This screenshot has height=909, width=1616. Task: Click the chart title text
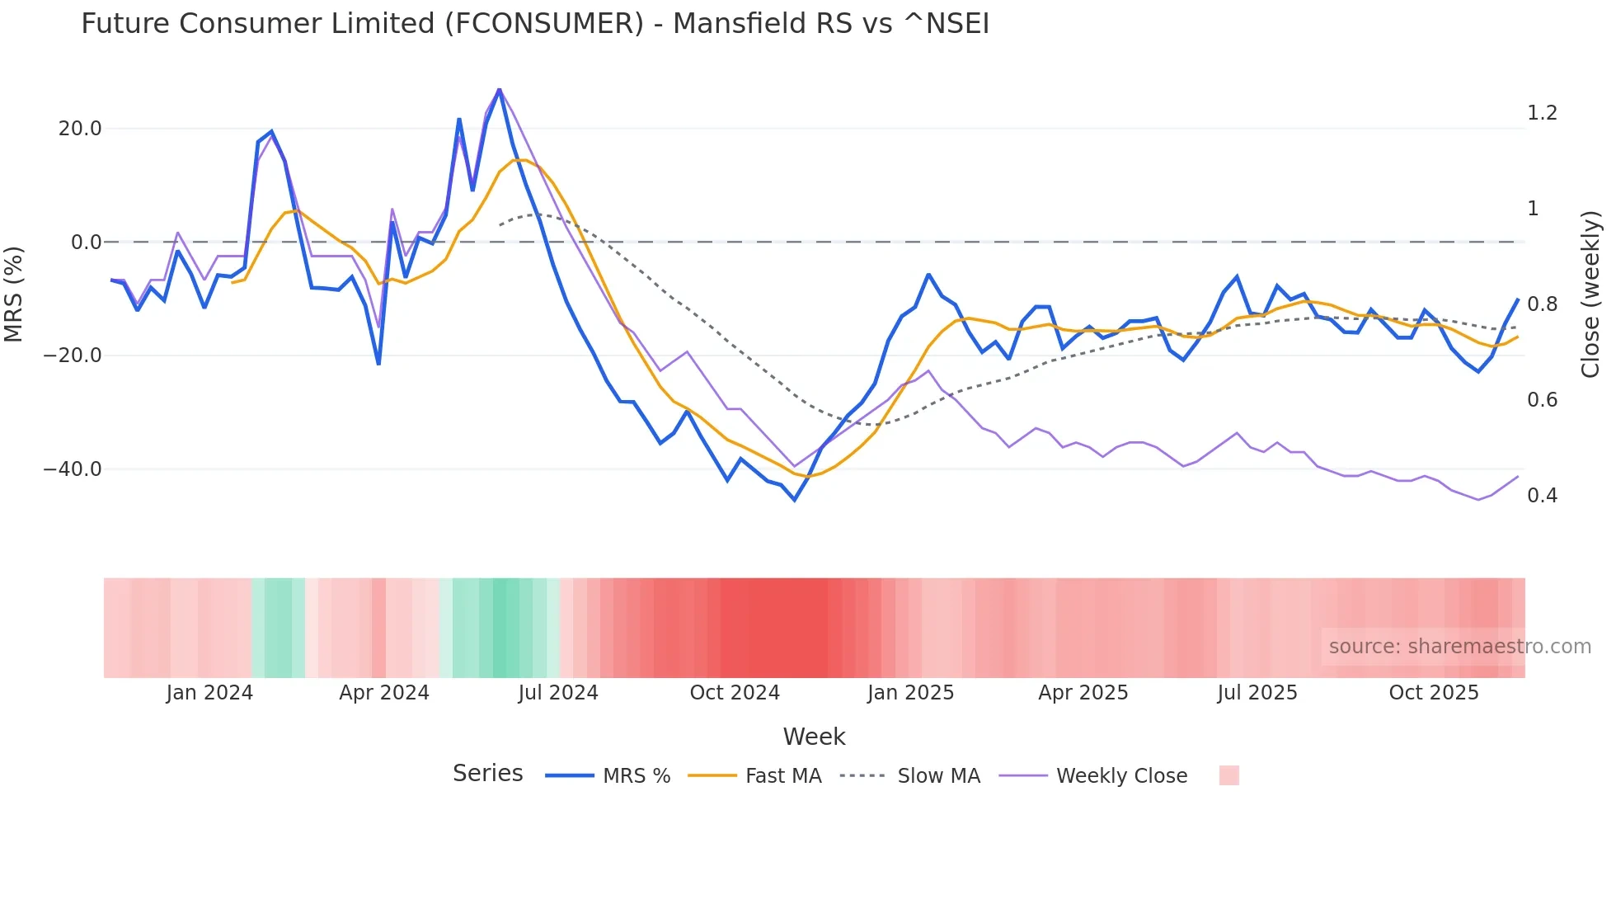[x=534, y=24]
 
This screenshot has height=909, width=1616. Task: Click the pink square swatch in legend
[x=1228, y=775]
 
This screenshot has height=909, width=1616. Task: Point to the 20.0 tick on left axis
[x=80, y=129]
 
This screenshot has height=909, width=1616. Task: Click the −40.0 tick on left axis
[x=73, y=469]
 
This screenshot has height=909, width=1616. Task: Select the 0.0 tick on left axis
[x=86, y=243]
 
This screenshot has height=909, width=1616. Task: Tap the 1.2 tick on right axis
[x=1542, y=113]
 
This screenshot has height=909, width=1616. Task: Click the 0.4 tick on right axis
[x=1542, y=496]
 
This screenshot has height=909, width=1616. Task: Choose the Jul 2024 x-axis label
[x=558, y=693]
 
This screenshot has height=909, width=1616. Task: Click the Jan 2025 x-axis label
[x=910, y=693]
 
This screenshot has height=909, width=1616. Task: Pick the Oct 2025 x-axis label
[x=1434, y=693]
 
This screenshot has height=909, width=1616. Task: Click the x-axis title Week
[x=814, y=737]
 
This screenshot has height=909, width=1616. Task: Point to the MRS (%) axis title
[x=14, y=294]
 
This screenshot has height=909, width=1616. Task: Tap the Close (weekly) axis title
[x=1590, y=294]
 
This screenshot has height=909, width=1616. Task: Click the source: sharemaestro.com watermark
[x=1459, y=647]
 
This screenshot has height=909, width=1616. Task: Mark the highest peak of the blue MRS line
[x=499, y=90]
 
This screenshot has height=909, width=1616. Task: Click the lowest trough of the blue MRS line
[x=795, y=500]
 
